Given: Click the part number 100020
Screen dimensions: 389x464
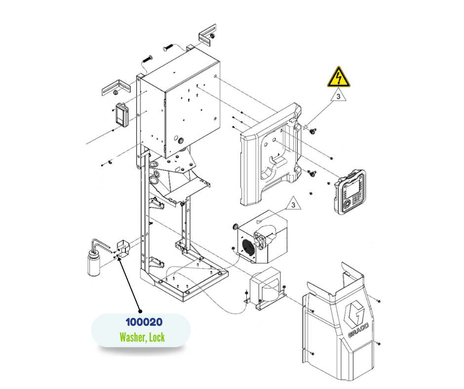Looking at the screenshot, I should [144, 322].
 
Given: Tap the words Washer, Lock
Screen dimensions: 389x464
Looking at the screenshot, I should [142, 338].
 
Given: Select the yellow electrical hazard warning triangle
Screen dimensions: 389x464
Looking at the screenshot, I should [338, 78].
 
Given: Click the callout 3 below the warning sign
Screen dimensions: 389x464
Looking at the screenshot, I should [338, 97].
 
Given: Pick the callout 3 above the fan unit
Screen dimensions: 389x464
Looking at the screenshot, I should [293, 203].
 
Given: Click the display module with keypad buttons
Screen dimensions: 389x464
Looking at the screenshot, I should [350, 192].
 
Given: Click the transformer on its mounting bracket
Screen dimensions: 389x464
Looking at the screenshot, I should [266, 292].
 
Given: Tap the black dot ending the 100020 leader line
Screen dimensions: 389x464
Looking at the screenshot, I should [141, 311].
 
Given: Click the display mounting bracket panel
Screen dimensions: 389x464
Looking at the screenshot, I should [271, 153].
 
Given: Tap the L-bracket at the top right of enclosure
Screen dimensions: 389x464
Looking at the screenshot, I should [208, 36].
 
